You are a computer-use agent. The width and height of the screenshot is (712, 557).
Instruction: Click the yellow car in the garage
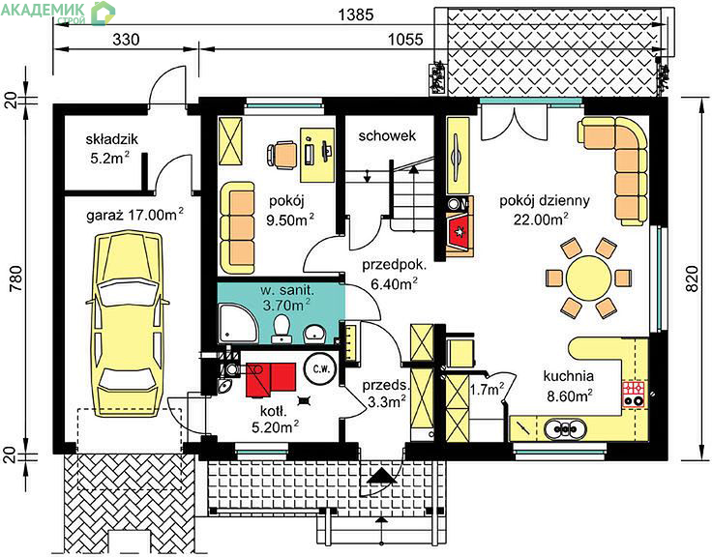[128, 317]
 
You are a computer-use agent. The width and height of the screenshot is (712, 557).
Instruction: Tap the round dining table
[588, 278]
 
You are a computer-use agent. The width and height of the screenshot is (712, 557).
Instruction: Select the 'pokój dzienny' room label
[545, 200]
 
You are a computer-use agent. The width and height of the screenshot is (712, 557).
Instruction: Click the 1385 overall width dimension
[356, 15]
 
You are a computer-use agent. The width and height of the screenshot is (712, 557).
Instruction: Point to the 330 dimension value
[126, 40]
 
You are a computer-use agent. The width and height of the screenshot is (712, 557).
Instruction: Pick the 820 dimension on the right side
[691, 278]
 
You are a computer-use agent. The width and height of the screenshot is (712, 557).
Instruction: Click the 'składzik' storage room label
[111, 139]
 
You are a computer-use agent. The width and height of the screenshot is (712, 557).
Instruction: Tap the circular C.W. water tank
[320, 368]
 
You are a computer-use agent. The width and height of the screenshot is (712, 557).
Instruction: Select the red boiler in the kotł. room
[271, 380]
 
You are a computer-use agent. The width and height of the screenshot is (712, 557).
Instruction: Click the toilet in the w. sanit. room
[282, 329]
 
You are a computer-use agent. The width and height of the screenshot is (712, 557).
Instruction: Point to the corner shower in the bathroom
[238, 323]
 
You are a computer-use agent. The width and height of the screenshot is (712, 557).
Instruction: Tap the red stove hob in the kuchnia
[634, 394]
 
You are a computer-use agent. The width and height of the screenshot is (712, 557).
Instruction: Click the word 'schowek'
[387, 135]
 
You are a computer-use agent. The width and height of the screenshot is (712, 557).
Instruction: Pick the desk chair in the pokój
[282, 156]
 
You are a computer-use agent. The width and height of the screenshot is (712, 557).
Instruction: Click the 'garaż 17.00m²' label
[135, 215]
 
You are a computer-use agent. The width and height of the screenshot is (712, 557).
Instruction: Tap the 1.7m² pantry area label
[487, 389]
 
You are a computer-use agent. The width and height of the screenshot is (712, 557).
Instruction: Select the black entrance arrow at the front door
[380, 476]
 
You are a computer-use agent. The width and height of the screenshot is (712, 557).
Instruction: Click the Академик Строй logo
[58, 13]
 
